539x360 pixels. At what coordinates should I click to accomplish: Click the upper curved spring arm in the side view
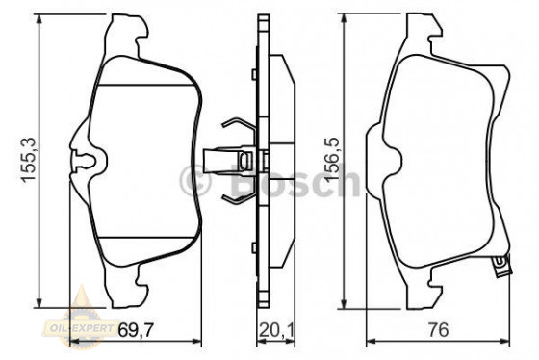click(233, 126)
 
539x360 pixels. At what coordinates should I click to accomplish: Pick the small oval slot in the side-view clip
click(247, 160)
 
